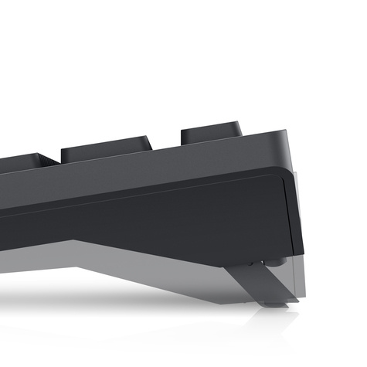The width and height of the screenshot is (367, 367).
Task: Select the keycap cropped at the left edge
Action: [x=23, y=161]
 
